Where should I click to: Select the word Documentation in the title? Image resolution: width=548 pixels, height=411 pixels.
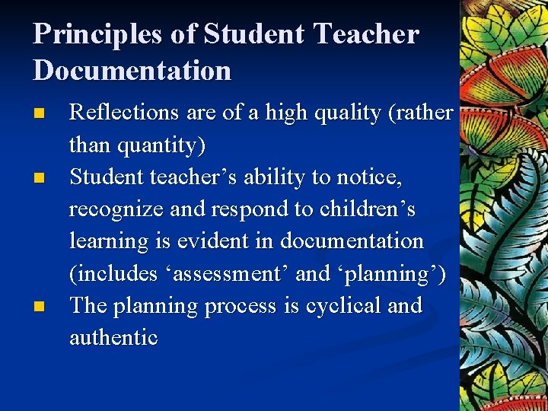click(132, 70)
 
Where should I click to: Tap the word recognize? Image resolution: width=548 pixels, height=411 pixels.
click(116, 209)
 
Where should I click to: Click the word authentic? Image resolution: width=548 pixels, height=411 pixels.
click(113, 338)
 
